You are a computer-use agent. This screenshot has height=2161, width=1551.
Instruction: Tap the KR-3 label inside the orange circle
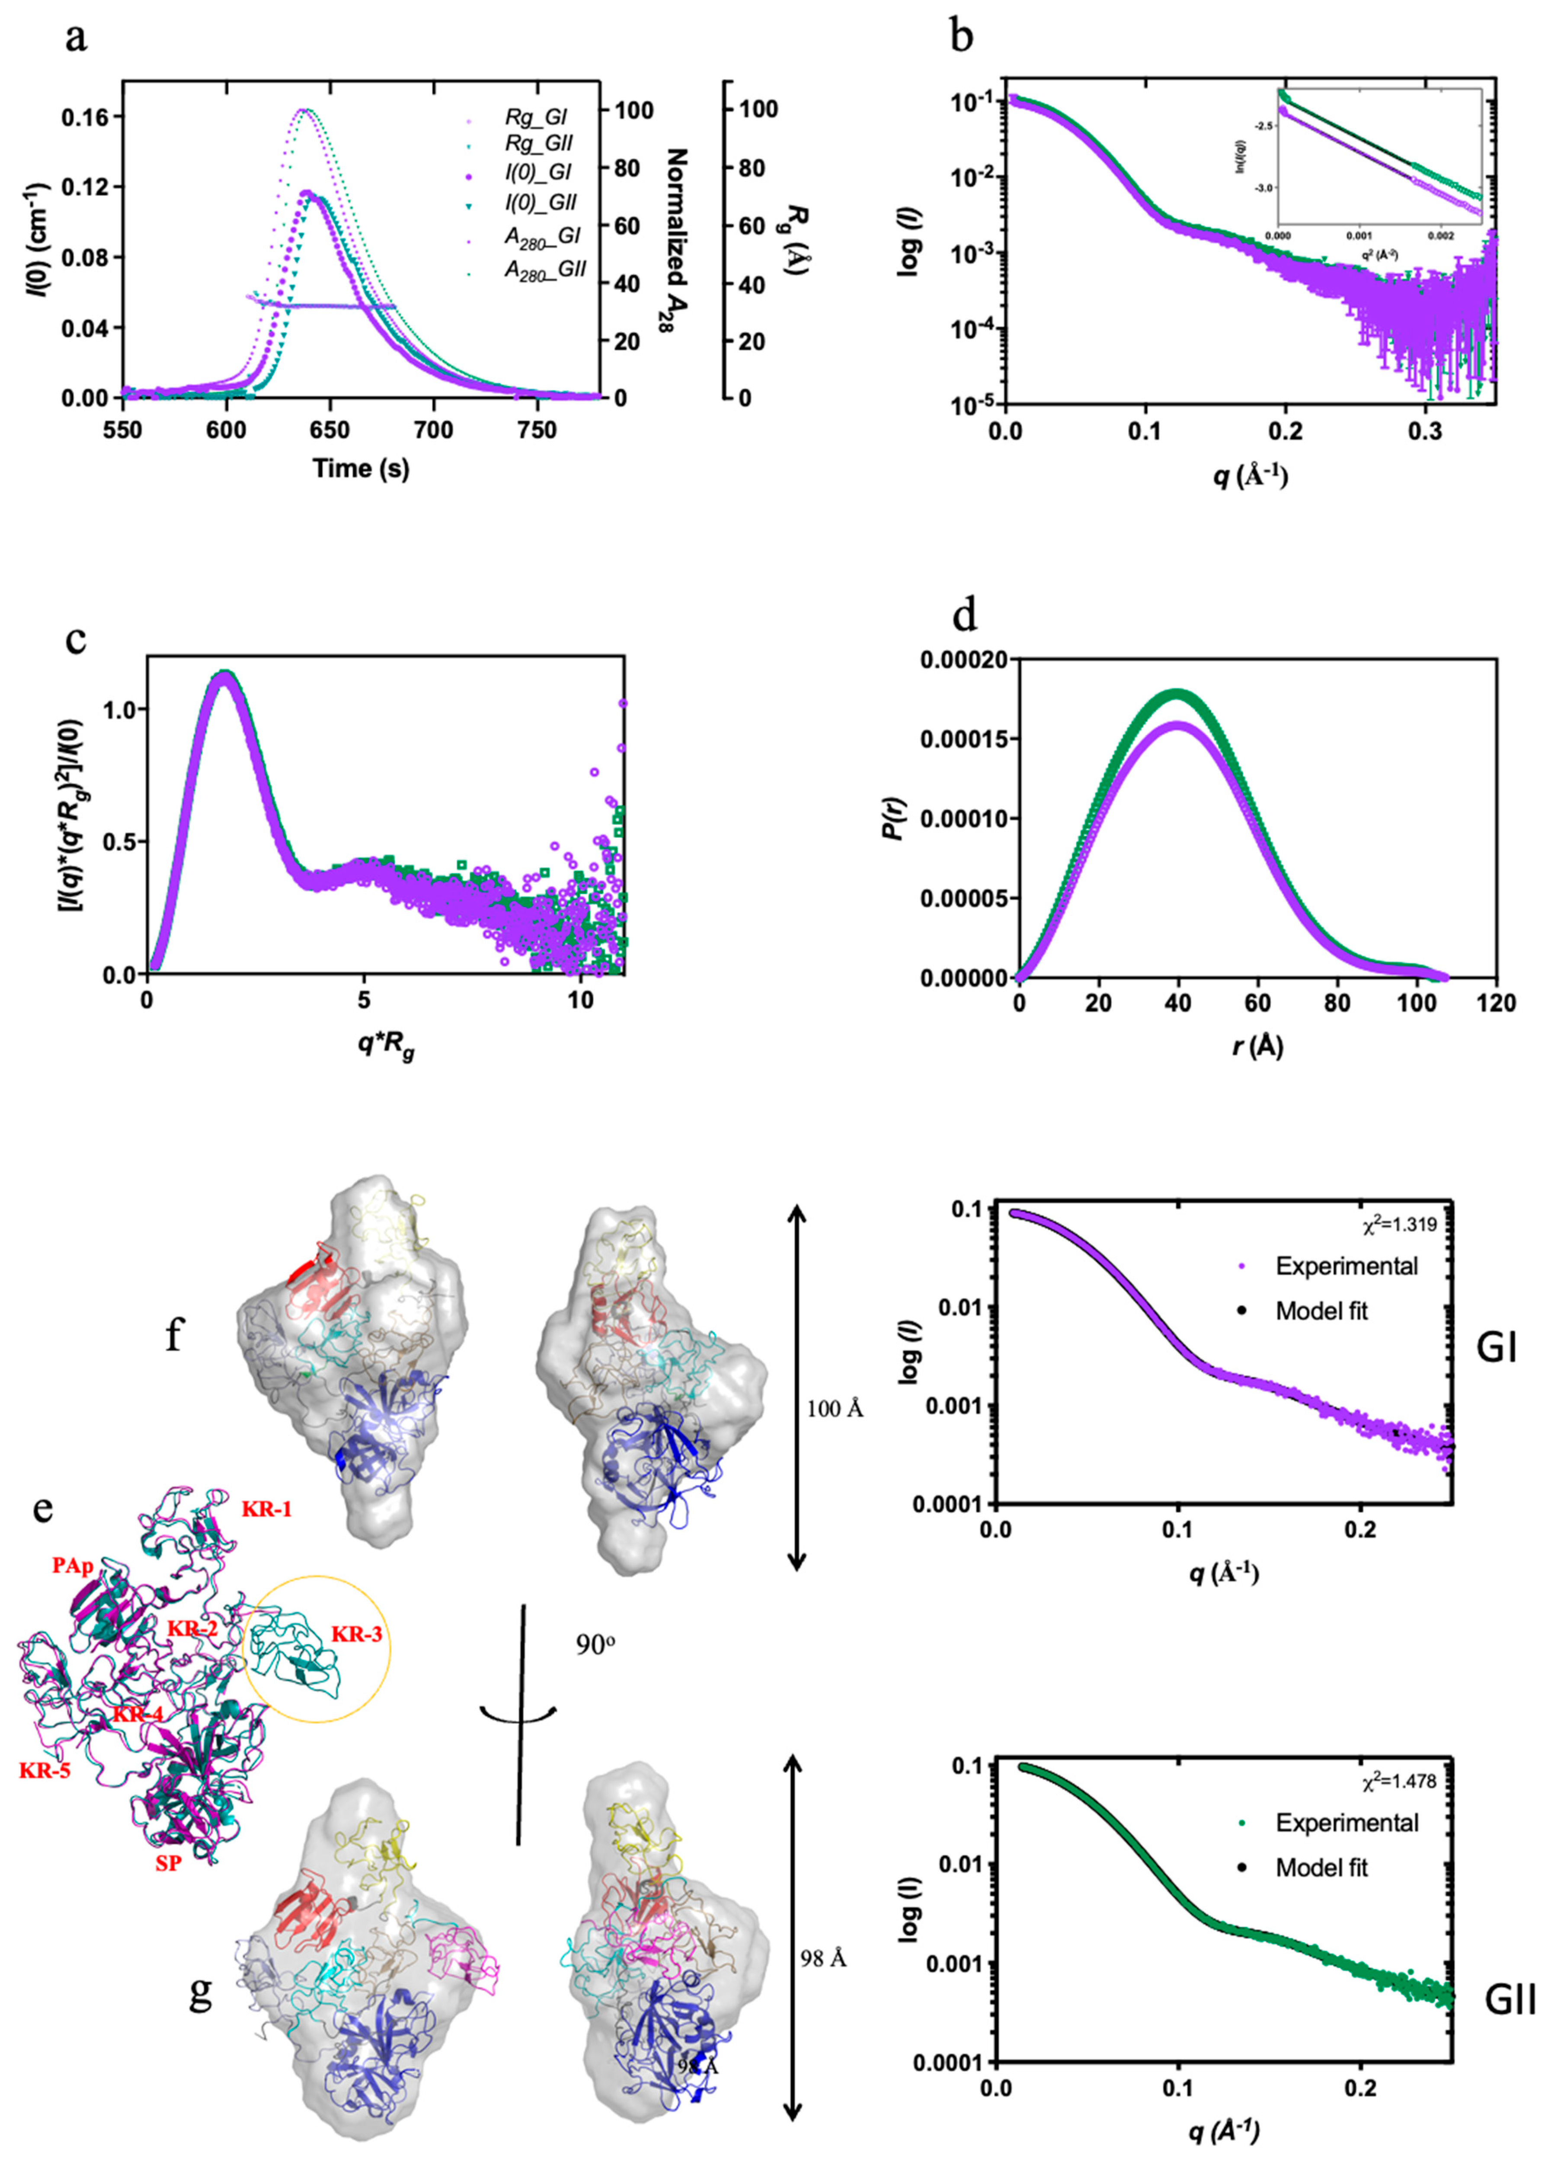pos(357,1634)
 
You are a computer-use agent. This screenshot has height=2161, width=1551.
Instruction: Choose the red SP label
pos(168,1863)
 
